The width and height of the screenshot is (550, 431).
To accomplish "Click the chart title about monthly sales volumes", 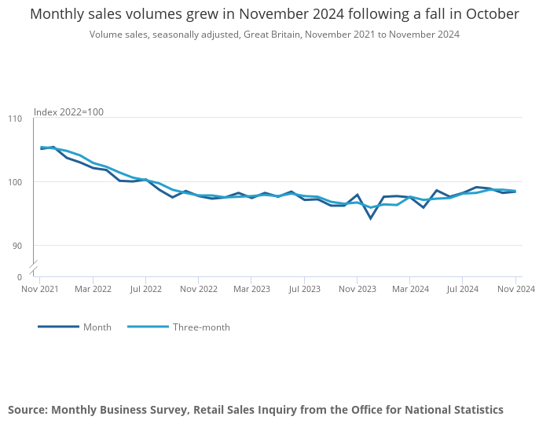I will pyautogui.click(x=274, y=14).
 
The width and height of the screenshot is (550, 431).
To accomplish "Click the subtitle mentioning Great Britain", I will pyautogui.click(x=274, y=35).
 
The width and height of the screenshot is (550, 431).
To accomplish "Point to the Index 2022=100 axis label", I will pyautogui.click(x=68, y=112).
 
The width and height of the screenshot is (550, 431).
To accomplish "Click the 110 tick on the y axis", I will pyautogui.click(x=15, y=119).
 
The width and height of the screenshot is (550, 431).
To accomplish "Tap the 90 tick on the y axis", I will pyautogui.click(x=17, y=246).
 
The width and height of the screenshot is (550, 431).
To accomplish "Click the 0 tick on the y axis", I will pyautogui.click(x=20, y=277).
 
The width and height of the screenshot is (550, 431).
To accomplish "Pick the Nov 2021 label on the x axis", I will pyautogui.click(x=39, y=290).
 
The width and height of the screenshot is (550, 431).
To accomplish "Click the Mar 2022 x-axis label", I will pyautogui.click(x=93, y=290).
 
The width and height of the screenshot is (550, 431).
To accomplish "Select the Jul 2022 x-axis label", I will pyautogui.click(x=145, y=290).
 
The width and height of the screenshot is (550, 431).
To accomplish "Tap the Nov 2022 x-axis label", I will pyautogui.click(x=198, y=290).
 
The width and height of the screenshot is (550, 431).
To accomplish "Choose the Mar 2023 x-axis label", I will pyautogui.click(x=251, y=290).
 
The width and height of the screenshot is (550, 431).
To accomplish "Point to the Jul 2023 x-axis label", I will pyautogui.click(x=304, y=290).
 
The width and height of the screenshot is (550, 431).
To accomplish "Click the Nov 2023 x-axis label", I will pyautogui.click(x=357, y=290).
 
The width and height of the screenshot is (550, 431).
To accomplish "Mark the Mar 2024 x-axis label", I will pyautogui.click(x=409, y=290).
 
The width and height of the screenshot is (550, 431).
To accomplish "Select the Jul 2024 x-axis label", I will pyautogui.click(x=463, y=290).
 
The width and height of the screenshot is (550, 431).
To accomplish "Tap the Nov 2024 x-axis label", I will pyautogui.click(x=515, y=290).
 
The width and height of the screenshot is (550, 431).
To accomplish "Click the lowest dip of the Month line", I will pyautogui.click(x=370, y=218).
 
